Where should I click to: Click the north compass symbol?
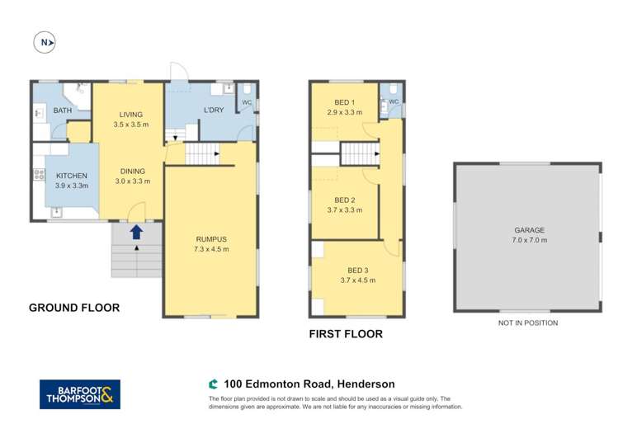43,41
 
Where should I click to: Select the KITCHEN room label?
71,176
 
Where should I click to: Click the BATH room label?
63,111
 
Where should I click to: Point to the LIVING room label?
130,115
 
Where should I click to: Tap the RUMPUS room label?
211,239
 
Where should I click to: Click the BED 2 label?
345,200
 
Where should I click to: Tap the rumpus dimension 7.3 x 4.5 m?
211,249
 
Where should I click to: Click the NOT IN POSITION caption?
528,323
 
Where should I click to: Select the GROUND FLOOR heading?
74,308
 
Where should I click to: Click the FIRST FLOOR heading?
346,334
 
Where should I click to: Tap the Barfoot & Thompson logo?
80,394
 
